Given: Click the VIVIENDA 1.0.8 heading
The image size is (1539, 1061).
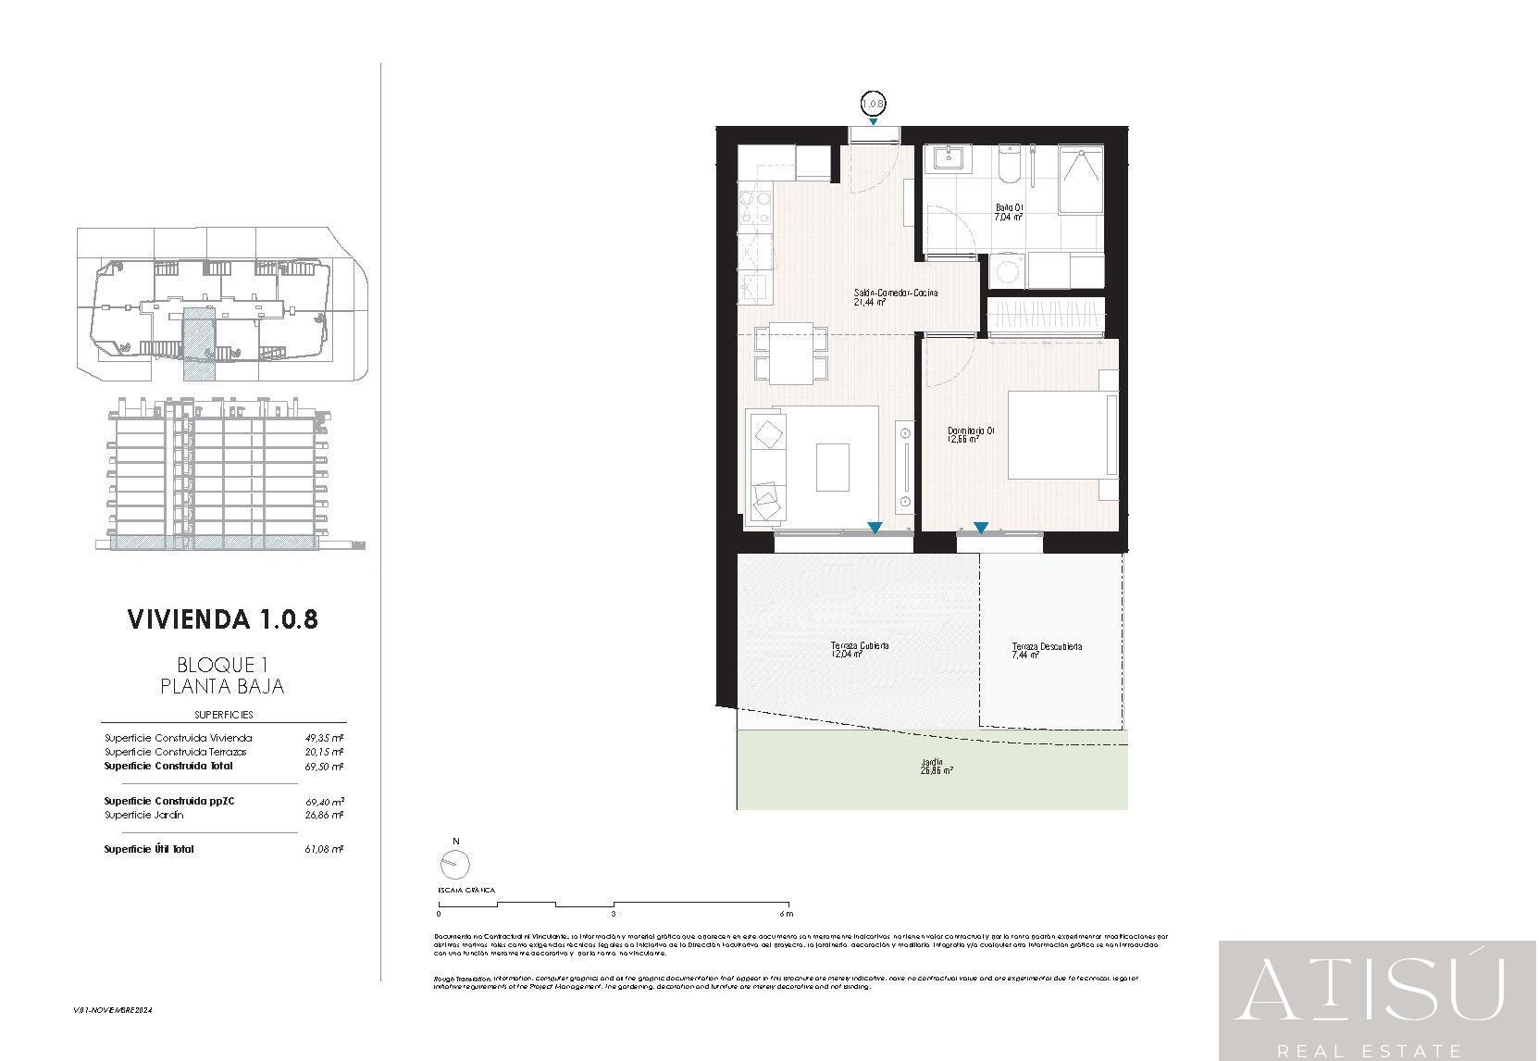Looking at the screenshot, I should coord(222,618).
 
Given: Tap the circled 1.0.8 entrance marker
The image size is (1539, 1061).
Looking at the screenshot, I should coord(874,104).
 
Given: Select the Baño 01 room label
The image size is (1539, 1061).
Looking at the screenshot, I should coord(1009,212).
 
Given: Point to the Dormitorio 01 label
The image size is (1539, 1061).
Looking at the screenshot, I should coord(971,434).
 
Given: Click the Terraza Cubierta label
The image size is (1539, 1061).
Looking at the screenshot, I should coord(861,649).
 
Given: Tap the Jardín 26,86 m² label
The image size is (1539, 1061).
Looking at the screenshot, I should coord(937,767).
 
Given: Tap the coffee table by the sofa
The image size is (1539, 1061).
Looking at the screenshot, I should coord(833,468).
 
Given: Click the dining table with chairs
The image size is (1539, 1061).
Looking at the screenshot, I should coord(791,354).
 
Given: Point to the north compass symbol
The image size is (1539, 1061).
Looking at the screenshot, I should coord(454,864).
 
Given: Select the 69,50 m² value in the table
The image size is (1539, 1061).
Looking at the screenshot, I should coord(324,767).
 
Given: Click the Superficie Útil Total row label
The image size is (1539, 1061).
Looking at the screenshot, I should coord(149,849).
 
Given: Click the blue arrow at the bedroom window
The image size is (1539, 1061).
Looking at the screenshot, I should coord(981,528).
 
